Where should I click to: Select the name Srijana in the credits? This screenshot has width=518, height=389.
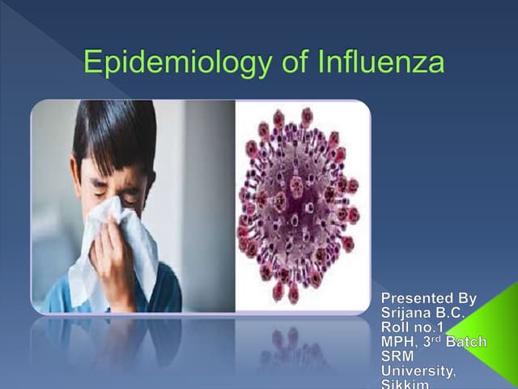(405, 313)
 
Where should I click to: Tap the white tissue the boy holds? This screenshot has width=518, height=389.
(121, 243)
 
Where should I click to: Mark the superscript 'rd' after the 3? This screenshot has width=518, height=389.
(435, 338)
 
